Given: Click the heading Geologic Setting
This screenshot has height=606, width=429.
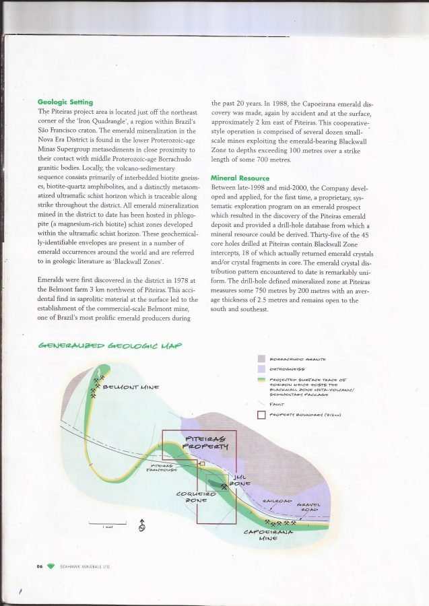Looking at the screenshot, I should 65,102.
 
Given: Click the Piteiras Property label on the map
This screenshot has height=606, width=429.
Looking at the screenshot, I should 207,442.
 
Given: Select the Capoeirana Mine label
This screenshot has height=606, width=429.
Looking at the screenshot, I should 268,535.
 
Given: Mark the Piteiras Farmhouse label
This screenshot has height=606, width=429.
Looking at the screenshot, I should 164,467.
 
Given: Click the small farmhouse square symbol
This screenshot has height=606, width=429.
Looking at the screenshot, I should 201,463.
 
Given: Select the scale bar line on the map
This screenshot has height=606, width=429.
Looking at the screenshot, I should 108,523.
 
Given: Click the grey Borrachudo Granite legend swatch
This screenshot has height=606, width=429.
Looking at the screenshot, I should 263,359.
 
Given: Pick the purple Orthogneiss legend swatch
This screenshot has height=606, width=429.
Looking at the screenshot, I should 263,370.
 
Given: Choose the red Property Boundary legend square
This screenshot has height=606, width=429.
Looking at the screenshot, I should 263,414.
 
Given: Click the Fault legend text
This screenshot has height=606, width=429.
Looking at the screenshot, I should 276,403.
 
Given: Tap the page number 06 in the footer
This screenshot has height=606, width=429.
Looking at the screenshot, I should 40,566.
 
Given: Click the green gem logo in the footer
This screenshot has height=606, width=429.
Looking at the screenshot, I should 51,566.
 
